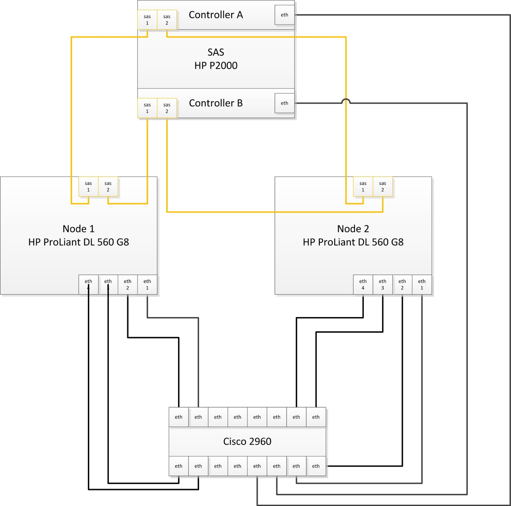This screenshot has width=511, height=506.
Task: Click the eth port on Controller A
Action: [x=284, y=15]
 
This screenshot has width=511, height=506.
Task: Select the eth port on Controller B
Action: [x=284, y=103]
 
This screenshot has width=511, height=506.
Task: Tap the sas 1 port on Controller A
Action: [x=147, y=20]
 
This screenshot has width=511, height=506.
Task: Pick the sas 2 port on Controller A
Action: [x=167, y=20]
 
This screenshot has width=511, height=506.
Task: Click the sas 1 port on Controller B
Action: [x=147, y=108]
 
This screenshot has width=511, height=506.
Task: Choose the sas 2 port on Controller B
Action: [x=167, y=108]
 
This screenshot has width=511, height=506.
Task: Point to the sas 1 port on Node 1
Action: [x=88, y=186]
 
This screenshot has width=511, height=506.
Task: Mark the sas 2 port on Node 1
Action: [x=108, y=186]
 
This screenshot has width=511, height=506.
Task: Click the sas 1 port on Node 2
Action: [x=363, y=186]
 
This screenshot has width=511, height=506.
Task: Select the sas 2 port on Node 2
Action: [x=383, y=186]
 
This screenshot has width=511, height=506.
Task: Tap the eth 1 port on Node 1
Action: [x=147, y=284]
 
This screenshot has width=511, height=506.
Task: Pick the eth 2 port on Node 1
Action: [x=127, y=284]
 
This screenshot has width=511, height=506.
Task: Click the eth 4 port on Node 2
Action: [x=363, y=284]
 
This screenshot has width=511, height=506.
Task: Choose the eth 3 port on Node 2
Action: [x=383, y=284]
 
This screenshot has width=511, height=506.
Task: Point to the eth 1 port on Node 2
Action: [x=422, y=284]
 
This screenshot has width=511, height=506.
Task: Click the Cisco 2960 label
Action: [x=247, y=441]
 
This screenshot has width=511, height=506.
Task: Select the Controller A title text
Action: [x=216, y=15]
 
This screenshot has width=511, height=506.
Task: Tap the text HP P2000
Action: [x=216, y=65]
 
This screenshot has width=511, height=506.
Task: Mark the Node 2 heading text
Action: [x=353, y=229]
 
